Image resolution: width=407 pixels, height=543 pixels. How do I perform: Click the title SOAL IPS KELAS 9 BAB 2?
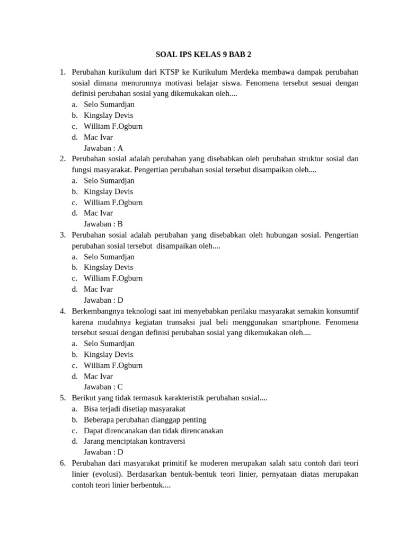(203, 55)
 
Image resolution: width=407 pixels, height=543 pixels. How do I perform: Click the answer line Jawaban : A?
(103, 148)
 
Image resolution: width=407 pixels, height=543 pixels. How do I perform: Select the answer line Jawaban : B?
(103, 224)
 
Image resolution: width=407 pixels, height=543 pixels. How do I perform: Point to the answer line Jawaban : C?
(103, 387)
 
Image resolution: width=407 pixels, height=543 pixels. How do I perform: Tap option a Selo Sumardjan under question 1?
(109, 105)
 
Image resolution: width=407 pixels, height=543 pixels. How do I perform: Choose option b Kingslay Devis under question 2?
(108, 191)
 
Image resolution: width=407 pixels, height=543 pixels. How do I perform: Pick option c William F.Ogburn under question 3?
(113, 278)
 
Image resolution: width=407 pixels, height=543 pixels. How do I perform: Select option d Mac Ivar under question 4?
(98, 376)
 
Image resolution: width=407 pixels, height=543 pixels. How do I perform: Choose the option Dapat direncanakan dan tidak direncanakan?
(153, 431)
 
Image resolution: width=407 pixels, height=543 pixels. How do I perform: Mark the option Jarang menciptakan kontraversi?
(134, 441)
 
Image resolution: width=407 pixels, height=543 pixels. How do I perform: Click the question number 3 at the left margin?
(63, 235)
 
